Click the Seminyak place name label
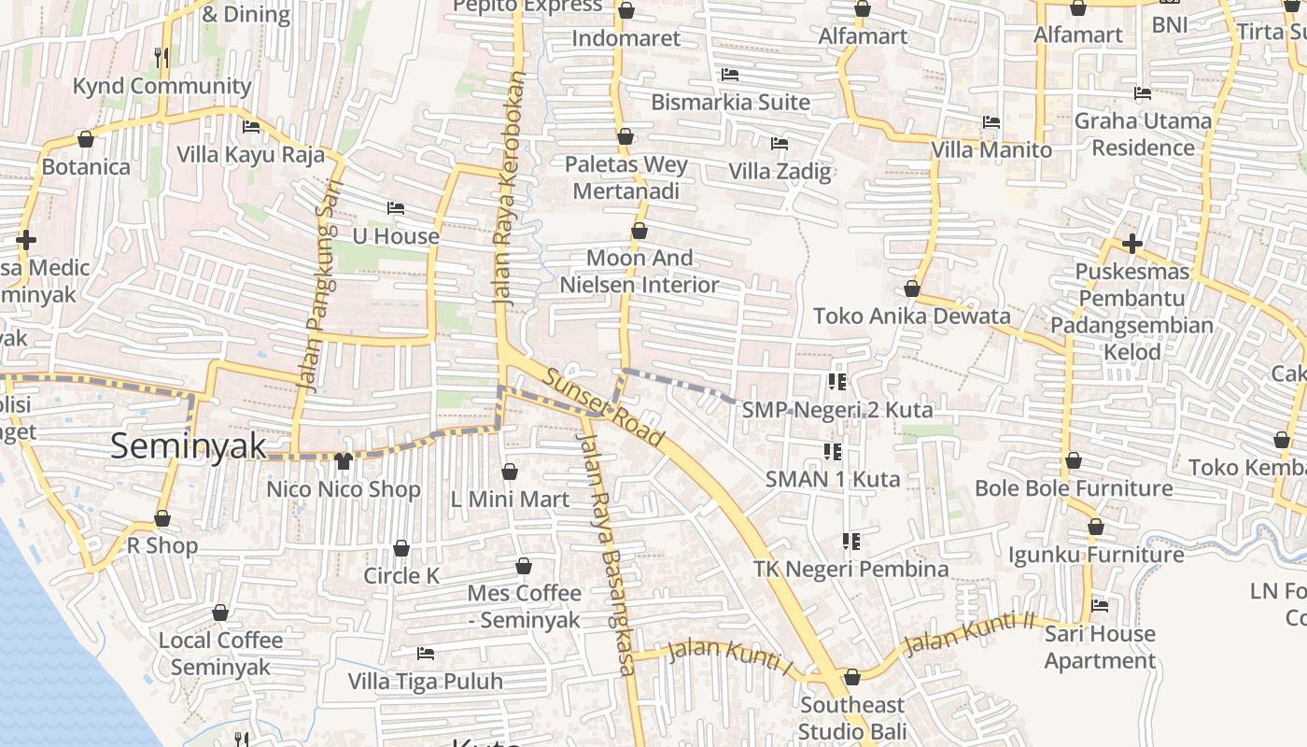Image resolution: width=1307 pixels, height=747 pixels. tap(189, 445)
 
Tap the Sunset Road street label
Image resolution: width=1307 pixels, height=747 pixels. tap(604, 408)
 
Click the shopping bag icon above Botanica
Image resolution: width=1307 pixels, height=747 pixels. tap(86, 140)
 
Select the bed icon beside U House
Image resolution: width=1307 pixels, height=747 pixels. tap(396, 208)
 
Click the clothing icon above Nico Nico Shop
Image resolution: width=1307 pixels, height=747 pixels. tap(343, 461)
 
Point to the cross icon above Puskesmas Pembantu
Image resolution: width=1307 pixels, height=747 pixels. tap(1131, 245)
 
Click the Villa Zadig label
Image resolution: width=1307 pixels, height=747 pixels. tap(780, 172)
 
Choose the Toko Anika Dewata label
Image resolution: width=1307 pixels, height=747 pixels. tap(911, 316)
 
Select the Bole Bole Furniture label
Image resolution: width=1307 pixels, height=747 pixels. tap(1074, 488)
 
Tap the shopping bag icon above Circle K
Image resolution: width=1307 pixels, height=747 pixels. tap(401, 548)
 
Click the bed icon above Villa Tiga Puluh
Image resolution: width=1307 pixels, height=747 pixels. tap(426, 654)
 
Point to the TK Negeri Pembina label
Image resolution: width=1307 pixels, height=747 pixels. tap(850, 569)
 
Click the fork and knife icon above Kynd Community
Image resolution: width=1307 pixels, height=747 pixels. tap(162, 58)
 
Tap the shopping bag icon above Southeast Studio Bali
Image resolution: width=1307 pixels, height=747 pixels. tap(851, 678)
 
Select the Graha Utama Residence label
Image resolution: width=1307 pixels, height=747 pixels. tap(1143, 134)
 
